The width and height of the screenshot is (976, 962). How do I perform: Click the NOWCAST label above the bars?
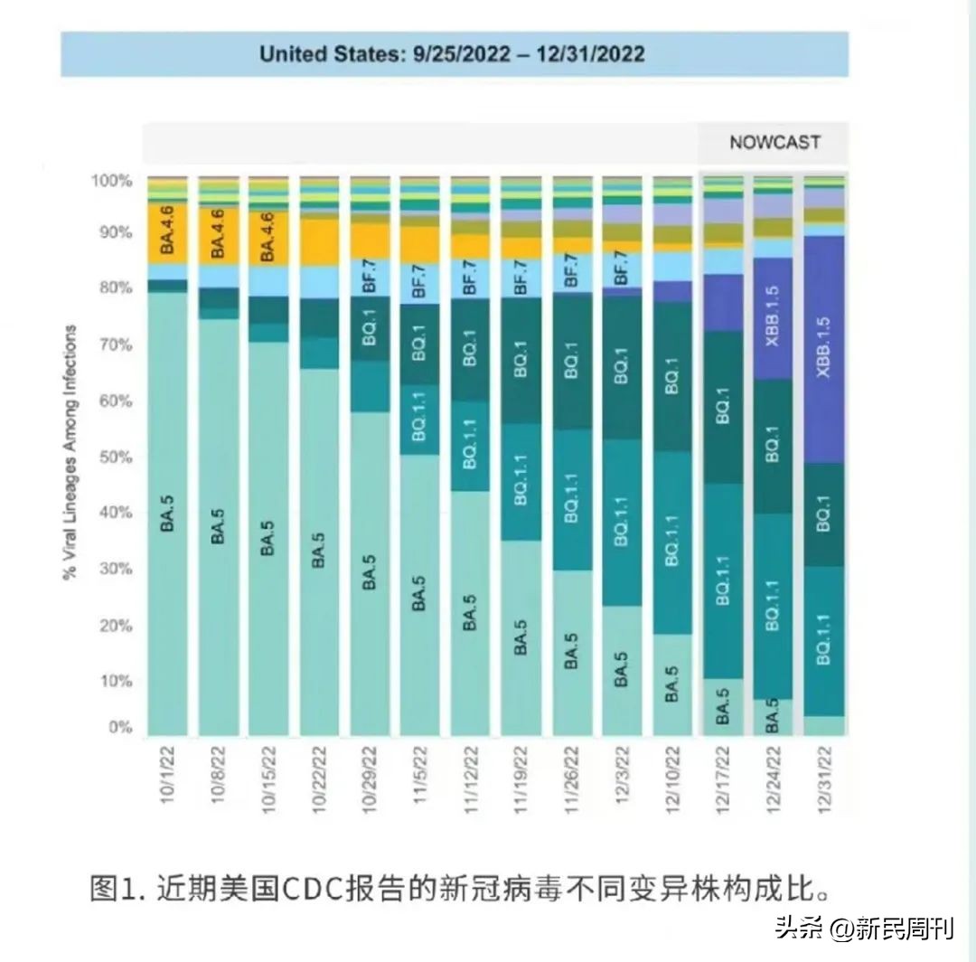click(x=774, y=143)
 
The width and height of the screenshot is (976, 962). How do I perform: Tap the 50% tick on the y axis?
click(x=111, y=457)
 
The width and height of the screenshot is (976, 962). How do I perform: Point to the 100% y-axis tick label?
click(x=110, y=181)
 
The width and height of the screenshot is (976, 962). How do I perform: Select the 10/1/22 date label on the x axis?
click(x=169, y=770)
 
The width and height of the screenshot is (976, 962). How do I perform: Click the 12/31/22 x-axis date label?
click(x=824, y=770)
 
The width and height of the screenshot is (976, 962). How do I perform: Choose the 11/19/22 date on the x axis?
click(x=521, y=770)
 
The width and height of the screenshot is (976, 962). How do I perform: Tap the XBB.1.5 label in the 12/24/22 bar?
click(x=772, y=317)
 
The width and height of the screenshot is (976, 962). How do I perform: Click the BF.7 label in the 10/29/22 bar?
click(x=369, y=277)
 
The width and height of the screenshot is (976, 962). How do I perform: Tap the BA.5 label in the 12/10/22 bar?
click(x=671, y=684)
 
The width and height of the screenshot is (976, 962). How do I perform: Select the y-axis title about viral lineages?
click(x=70, y=452)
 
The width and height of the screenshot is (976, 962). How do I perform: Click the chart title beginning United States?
click(x=452, y=53)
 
